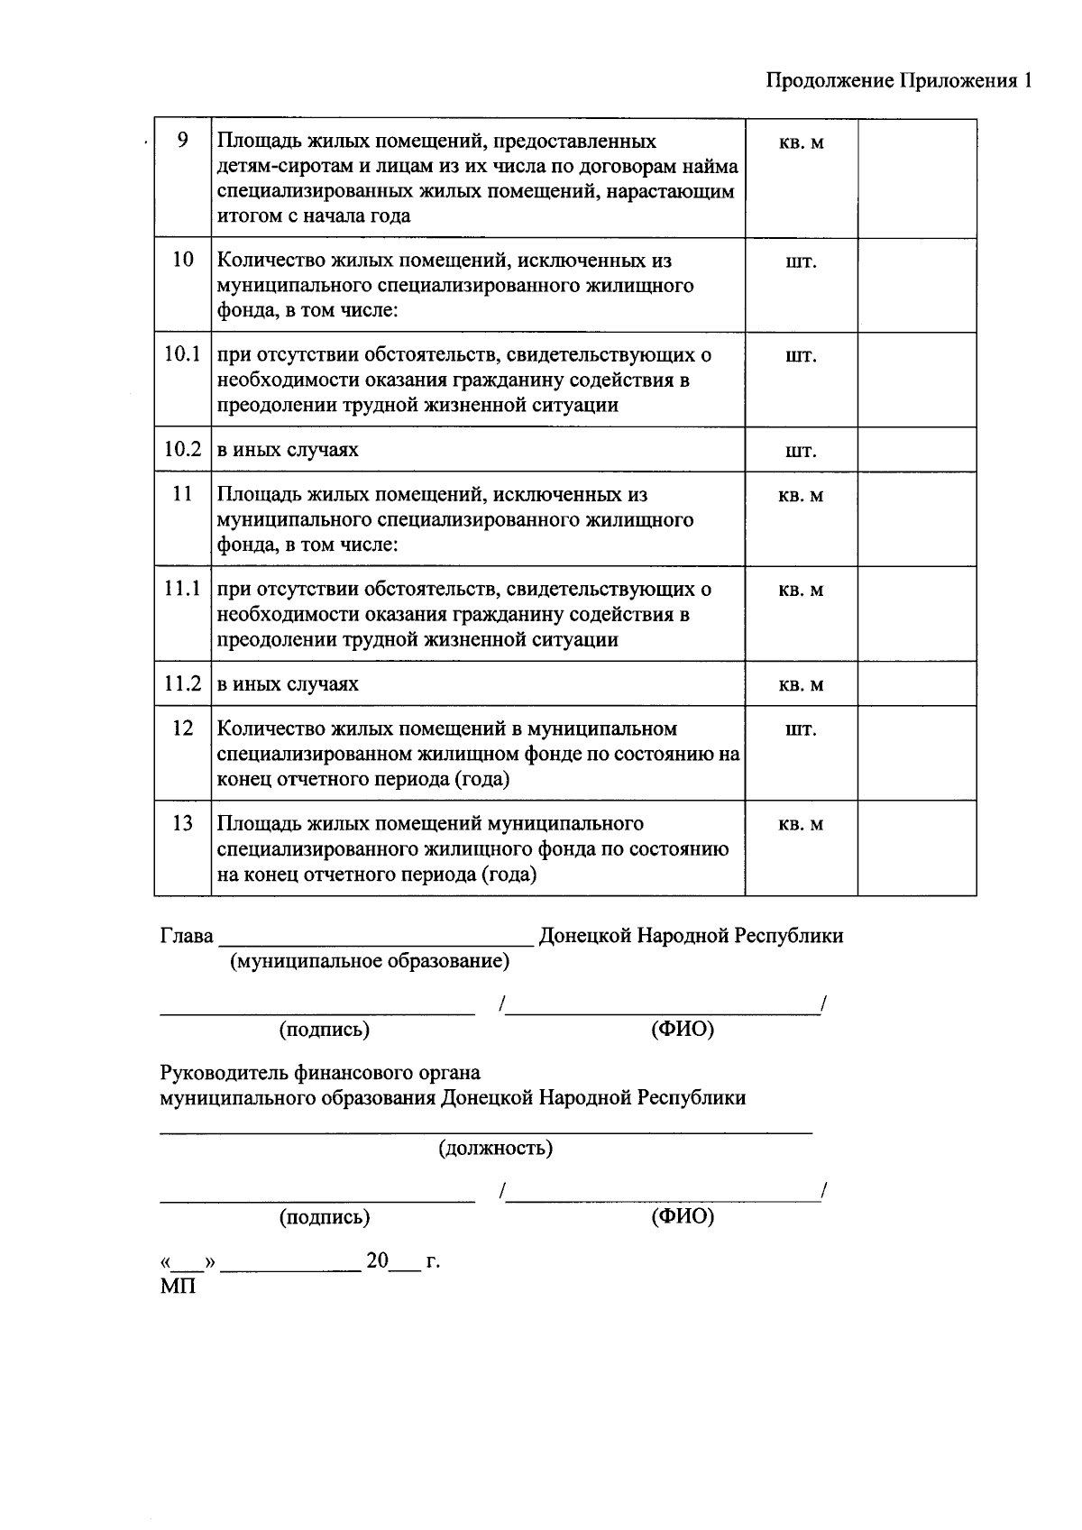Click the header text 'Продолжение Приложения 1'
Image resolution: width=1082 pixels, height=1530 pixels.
pyautogui.click(x=898, y=81)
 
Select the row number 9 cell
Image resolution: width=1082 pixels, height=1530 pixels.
pyautogui.click(x=183, y=141)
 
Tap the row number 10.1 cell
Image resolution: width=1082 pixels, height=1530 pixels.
pyautogui.click(x=182, y=354)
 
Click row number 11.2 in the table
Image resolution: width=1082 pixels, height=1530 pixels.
pyautogui.click(x=182, y=683)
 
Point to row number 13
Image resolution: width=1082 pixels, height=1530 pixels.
pyautogui.click(x=183, y=823)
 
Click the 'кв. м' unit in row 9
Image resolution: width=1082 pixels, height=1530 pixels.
pyautogui.click(x=801, y=142)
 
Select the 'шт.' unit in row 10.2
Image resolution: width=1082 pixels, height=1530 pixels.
pyautogui.click(x=801, y=451)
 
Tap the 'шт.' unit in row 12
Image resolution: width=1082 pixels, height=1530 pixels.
pyautogui.click(x=801, y=729)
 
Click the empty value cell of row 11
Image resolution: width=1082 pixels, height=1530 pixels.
pyautogui.click(x=916, y=519)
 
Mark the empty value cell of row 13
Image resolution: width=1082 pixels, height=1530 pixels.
pyautogui.click(x=916, y=847)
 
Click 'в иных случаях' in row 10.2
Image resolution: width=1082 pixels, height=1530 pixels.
pyautogui.click(x=288, y=450)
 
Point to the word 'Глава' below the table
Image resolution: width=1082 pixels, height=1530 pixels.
pyautogui.click(x=187, y=936)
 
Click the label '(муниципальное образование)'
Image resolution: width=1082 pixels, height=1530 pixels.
pyautogui.click(x=370, y=961)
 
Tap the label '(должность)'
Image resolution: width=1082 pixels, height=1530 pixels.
pyautogui.click(x=496, y=1149)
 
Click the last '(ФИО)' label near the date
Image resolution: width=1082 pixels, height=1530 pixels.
pyautogui.click(x=683, y=1217)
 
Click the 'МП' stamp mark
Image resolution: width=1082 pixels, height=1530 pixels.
pyautogui.click(x=178, y=1287)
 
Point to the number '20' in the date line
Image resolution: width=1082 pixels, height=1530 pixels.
pyautogui.click(x=377, y=1260)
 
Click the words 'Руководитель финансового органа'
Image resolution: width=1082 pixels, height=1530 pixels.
pyautogui.click(x=320, y=1073)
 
